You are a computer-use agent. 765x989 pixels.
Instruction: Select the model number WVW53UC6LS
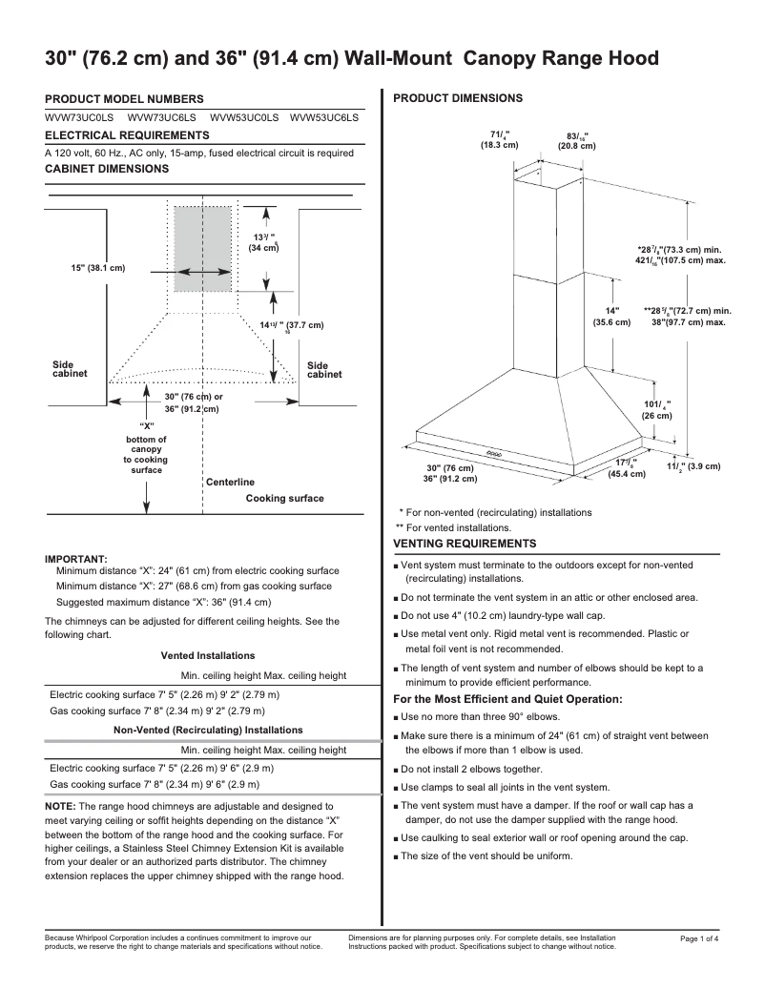click(x=324, y=117)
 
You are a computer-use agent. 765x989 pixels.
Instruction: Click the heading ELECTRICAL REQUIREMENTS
click(x=127, y=135)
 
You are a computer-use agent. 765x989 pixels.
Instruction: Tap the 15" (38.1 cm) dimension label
click(x=98, y=268)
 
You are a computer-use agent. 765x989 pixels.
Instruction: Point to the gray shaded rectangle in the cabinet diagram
click(x=202, y=247)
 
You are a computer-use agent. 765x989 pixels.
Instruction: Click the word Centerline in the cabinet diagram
click(x=230, y=482)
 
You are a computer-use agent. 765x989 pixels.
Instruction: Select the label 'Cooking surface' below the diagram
click(x=284, y=498)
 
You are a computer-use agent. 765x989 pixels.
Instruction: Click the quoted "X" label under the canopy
click(x=147, y=425)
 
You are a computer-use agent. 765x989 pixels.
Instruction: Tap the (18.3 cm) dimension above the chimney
click(x=499, y=145)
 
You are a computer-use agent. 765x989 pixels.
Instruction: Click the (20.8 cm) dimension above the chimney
click(x=576, y=146)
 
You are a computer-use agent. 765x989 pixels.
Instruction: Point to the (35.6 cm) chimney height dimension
click(x=611, y=322)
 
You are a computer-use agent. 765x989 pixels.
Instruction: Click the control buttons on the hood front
click(x=494, y=453)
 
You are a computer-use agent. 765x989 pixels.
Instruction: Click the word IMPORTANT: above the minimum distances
click(x=76, y=559)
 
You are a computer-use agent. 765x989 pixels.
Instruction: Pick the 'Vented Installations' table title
click(x=207, y=655)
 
